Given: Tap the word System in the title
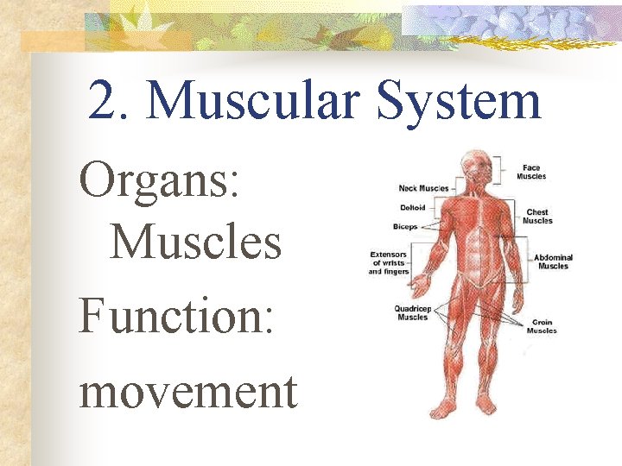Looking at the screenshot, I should pyautogui.click(x=461, y=102).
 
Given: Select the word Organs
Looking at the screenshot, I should pyautogui.click(x=160, y=182).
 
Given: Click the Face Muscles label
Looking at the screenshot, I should pyautogui.click(x=531, y=173).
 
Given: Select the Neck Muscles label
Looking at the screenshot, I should pyautogui.click(x=423, y=188).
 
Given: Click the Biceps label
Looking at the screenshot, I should pyautogui.click(x=405, y=227).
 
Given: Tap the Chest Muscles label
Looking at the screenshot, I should pyautogui.click(x=536, y=217).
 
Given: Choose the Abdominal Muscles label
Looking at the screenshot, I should pyautogui.click(x=553, y=261).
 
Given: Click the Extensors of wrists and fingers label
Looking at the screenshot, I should pyautogui.click(x=388, y=263).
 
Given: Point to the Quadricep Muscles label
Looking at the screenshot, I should pyautogui.click(x=412, y=312).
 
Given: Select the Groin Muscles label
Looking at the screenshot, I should pyautogui.click(x=542, y=326).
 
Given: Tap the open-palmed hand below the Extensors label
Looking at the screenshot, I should pyautogui.click(x=421, y=285).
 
